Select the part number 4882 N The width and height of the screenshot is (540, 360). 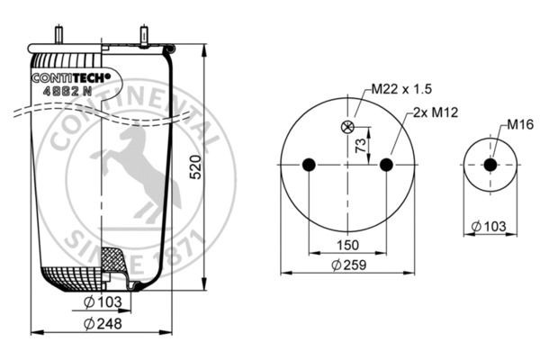click(67, 91)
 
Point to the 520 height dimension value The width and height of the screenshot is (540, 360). click(195, 166)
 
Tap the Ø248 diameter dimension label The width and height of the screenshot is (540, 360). click(103, 323)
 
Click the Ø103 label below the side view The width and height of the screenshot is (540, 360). click(103, 302)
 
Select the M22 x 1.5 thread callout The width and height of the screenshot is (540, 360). click(401, 89)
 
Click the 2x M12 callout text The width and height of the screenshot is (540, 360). click(436, 112)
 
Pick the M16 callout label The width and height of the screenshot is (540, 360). click(520, 124)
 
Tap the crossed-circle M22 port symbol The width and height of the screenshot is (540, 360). click(347, 127)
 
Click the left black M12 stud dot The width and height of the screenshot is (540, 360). click(309, 165)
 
